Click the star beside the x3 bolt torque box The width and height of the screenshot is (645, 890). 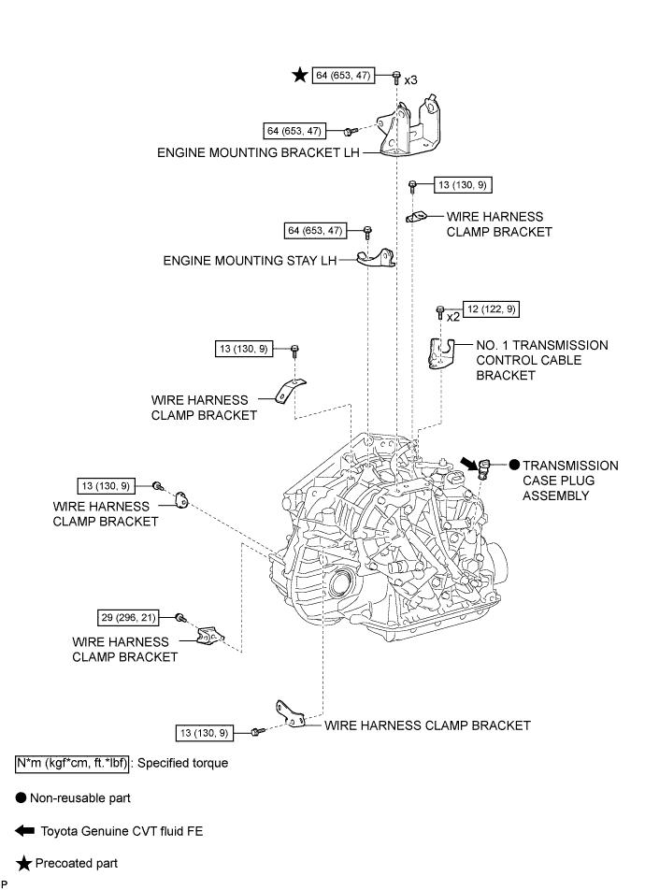pyautogui.click(x=298, y=76)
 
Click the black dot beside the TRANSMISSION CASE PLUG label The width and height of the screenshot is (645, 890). pyautogui.click(x=513, y=465)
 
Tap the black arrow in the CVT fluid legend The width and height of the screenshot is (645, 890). pyautogui.click(x=24, y=830)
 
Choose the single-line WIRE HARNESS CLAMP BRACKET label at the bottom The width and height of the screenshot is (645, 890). pyautogui.click(x=427, y=725)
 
